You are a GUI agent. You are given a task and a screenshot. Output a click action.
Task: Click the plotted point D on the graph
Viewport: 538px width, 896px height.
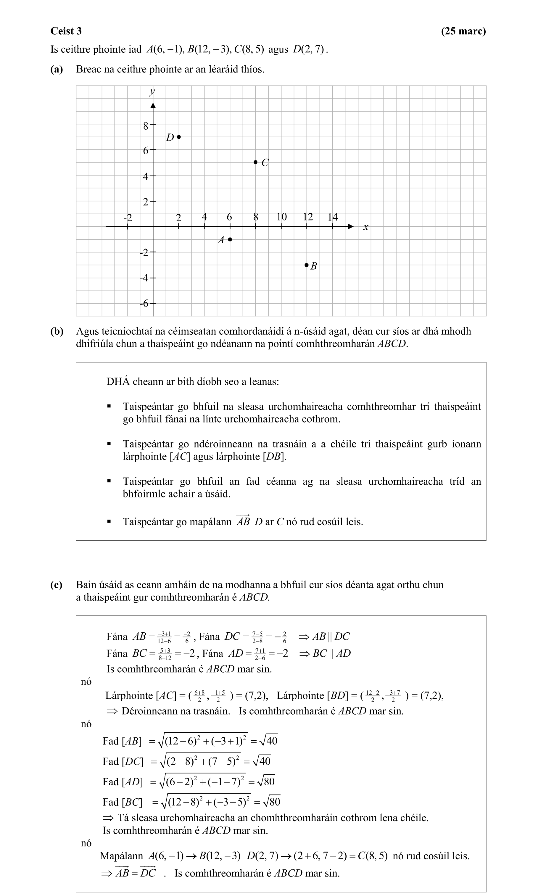[179, 137]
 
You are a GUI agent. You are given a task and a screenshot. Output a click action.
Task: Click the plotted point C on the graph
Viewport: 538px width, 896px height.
[255, 162]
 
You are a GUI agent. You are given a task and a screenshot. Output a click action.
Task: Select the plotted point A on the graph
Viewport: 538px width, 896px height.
[230, 239]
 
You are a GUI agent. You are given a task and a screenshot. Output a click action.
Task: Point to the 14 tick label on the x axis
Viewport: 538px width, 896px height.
[332, 217]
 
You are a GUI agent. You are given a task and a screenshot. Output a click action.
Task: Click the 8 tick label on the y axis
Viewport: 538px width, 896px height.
[146, 126]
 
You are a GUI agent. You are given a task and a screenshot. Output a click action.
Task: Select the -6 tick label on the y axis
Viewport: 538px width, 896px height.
[144, 304]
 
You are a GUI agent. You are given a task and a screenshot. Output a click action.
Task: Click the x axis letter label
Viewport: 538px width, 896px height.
[365, 227]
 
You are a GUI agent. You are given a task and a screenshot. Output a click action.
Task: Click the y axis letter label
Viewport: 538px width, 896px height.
[152, 92]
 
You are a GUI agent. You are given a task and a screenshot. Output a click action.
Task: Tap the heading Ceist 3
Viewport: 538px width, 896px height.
[66, 31]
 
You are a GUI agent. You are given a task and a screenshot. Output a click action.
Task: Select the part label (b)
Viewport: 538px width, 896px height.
[57, 331]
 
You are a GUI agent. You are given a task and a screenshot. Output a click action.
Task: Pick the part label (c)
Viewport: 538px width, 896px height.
[57, 585]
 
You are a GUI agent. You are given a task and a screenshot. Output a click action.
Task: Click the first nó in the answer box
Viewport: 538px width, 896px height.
[86, 682]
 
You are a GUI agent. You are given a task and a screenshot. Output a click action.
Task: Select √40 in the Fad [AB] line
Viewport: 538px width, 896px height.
[269, 741]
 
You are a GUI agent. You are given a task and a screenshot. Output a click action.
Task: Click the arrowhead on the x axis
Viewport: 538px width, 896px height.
[350, 227]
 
